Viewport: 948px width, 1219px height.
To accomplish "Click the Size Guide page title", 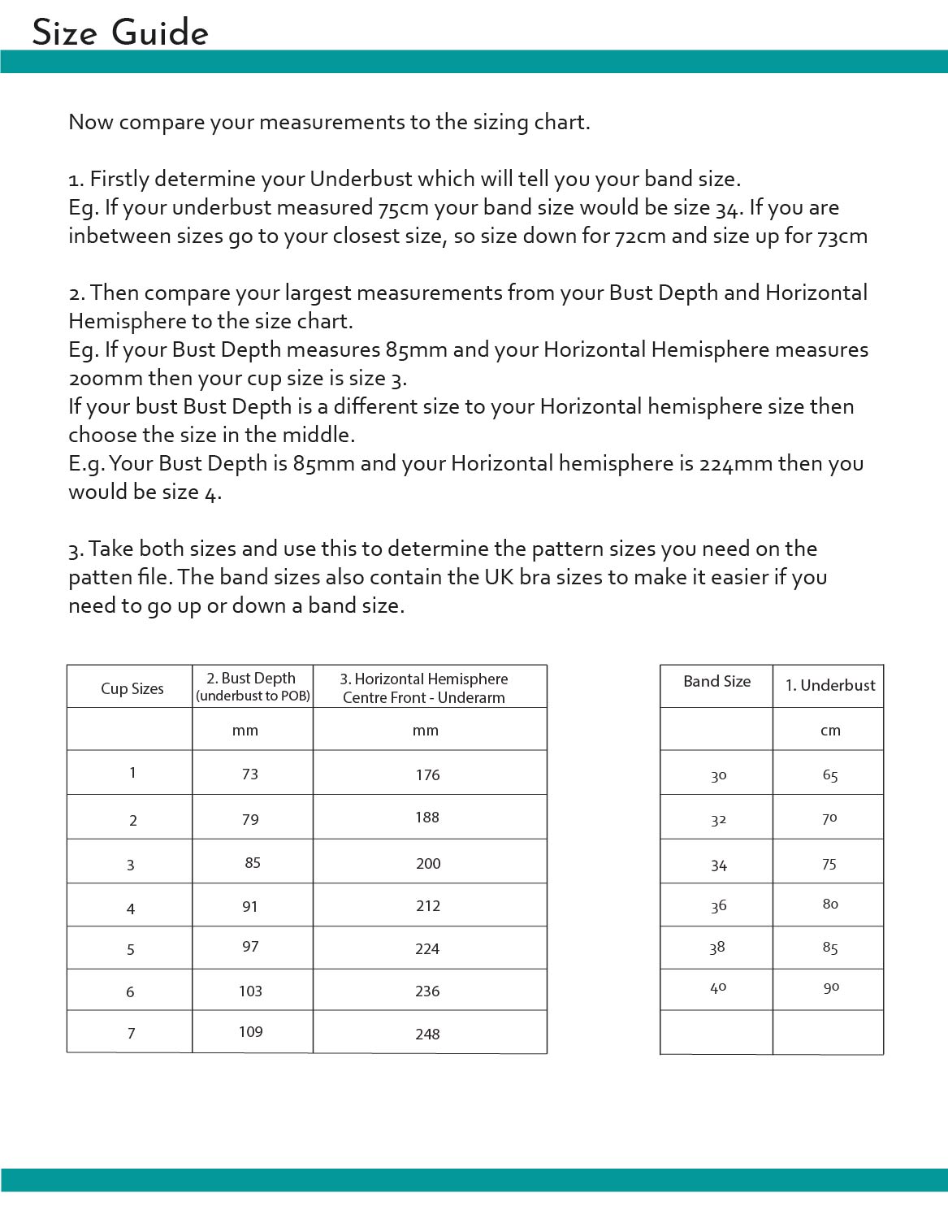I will click(120, 33).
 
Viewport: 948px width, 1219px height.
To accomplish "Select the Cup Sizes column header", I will click(132, 688).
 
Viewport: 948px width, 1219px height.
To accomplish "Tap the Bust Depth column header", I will click(252, 686).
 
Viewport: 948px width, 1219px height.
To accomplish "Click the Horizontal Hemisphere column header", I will click(424, 688).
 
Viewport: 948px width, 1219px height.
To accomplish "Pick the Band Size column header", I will click(716, 681).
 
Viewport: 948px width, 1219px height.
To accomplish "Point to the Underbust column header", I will click(830, 685).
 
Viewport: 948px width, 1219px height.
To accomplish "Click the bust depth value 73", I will click(250, 774).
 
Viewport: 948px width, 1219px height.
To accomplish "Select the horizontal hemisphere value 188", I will click(427, 817).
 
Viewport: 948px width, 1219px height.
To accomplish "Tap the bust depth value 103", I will click(250, 991).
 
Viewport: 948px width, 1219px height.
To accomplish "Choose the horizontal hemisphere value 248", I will click(427, 1034).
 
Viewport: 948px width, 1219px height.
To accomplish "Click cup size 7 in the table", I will click(132, 1033).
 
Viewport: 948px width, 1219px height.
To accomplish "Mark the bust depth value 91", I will click(250, 906).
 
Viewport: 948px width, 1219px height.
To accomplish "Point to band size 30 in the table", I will click(718, 775).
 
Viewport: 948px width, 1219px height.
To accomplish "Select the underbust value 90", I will click(831, 987).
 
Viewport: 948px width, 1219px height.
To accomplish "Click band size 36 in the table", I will click(718, 905).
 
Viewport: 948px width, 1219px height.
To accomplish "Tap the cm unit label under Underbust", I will click(830, 730).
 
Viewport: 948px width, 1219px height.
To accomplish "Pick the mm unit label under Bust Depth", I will click(245, 730).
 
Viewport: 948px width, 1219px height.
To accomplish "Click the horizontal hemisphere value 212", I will click(428, 905).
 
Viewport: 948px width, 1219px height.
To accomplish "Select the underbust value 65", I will click(830, 774).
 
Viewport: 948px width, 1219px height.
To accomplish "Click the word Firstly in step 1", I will click(119, 179).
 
